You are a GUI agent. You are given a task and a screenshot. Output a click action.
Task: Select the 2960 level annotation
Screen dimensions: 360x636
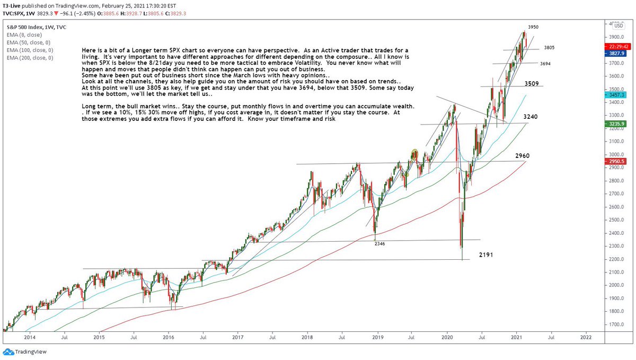[x=523, y=156]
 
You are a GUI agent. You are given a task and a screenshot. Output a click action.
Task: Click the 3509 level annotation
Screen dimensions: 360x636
[x=533, y=84]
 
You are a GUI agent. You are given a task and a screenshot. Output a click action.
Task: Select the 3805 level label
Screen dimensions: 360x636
[x=549, y=48]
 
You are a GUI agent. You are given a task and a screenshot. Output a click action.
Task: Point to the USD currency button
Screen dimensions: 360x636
[x=619, y=26]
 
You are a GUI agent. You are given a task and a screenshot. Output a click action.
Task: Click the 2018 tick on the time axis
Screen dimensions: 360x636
[x=307, y=337]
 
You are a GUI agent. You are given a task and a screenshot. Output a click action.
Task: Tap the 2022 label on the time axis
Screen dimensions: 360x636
[x=586, y=337]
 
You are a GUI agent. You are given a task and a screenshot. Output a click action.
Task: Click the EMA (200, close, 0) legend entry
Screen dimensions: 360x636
[x=30, y=58]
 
